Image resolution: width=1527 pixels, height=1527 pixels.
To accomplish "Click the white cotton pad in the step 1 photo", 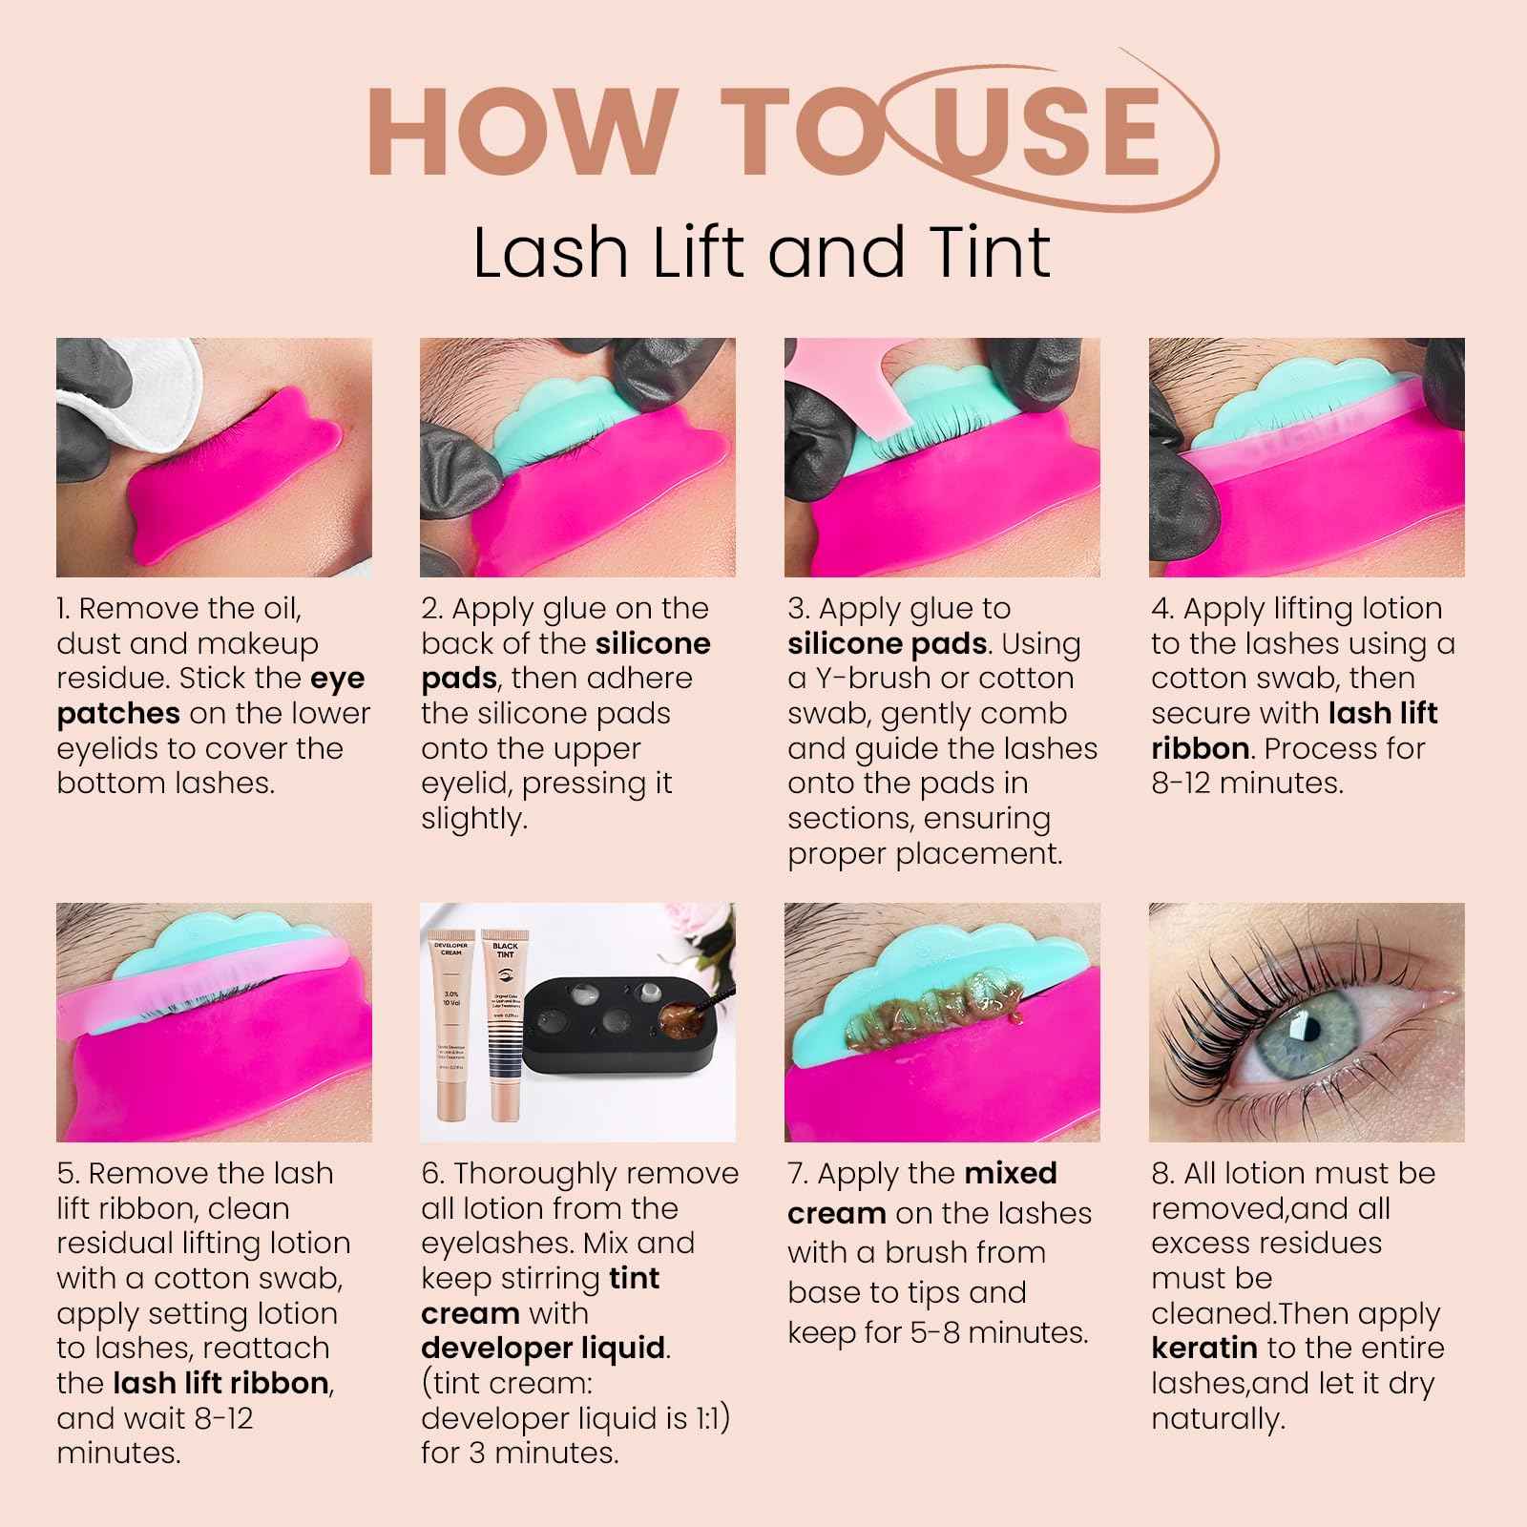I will (134, 401).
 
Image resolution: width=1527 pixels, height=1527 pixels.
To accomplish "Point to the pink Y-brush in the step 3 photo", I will (840, 382).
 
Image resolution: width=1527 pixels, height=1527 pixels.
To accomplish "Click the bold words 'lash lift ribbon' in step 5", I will (222, 1383).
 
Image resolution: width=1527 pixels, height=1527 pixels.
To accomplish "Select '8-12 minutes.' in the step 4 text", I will (1247, 784).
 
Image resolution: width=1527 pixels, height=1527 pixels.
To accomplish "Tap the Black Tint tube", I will (505, 1021).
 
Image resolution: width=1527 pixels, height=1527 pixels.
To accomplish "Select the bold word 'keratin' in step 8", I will (1203, 1349).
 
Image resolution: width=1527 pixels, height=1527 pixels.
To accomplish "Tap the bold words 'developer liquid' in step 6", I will (543, 1349).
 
